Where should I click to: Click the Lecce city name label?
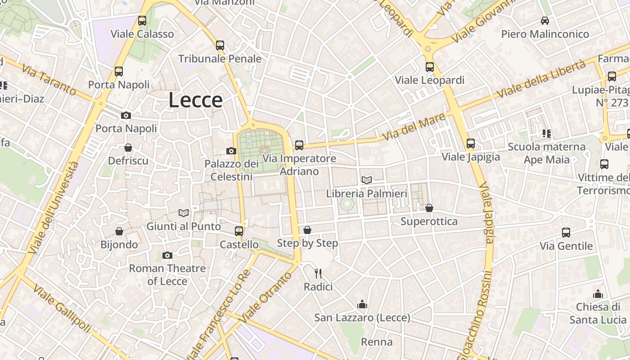[195, 100]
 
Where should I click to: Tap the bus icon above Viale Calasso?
[142, 21]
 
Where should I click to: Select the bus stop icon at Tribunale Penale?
[220, 45]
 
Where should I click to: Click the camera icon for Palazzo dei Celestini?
[231, 151]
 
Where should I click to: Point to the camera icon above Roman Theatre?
[167, 256]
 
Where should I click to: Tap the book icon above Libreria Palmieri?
[367, 180]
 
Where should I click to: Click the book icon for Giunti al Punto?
[183, 213]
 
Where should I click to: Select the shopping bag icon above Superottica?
[429, 208]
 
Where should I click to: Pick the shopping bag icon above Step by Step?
[307, 230]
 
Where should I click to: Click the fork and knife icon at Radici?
[318, 273]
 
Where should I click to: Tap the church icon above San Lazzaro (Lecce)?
[362, 305]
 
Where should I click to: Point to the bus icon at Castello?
[239, 231]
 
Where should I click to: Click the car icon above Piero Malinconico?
[545, 21]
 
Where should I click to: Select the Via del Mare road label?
[414, 126]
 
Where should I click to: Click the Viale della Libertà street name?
[541, 79]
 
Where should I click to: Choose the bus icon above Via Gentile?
[566, 233]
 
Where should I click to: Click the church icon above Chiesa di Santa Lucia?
[598, 294]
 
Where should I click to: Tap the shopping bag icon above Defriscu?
[128, 148]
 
